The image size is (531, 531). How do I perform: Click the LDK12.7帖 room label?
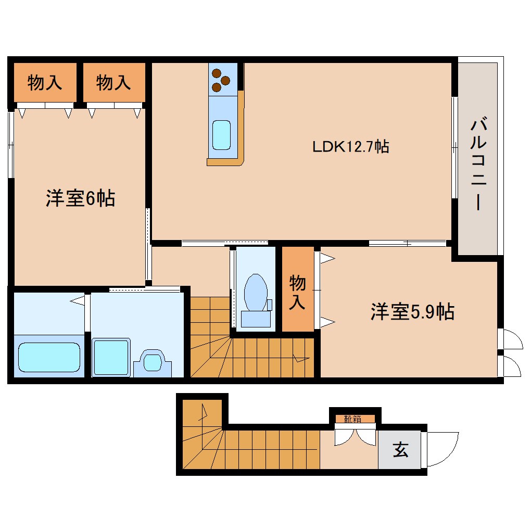click(x=350, y=147)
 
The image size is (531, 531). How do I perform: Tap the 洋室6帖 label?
click(x=80, y=198)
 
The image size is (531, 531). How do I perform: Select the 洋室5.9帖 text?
click(x=412, y=312)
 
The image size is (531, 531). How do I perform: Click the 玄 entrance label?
click(x=400, y=449)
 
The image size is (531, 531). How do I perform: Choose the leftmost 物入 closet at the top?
click(x=45, y=82)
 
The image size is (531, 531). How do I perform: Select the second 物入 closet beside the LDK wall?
click(x=113, y=82)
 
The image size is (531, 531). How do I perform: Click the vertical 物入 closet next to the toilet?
click(x=298, y=292)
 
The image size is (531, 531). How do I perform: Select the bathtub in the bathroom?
click(x=49, y=357)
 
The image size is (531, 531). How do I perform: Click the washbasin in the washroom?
click(x=153, y=360)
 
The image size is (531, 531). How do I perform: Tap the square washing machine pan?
click(x=111, y=357)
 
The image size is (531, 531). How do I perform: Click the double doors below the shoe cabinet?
click(x=355, y=436)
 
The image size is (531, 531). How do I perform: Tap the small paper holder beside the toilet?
click(x=269, y=305)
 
